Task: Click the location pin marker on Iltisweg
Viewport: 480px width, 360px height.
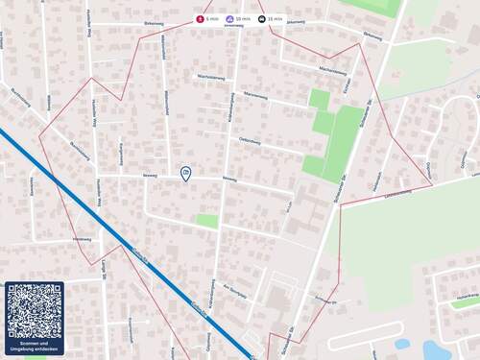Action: pos(185,173)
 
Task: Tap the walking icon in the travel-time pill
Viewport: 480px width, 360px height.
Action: pos(200,19)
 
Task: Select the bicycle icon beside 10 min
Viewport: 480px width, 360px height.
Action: pos(230,19)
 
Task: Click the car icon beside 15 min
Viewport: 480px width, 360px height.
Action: pos(261,19)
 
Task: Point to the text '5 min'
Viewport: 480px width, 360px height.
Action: pos(212,19)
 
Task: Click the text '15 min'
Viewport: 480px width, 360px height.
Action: pos(276,19)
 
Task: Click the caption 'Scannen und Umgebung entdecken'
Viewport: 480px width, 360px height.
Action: pos(35,347)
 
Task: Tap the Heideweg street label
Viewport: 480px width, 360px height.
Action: pos(82,239)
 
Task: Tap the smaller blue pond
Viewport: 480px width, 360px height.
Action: pos(402,343)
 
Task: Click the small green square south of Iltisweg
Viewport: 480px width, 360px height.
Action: pos(206,221)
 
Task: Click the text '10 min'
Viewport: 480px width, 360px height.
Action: pos(244,19)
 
